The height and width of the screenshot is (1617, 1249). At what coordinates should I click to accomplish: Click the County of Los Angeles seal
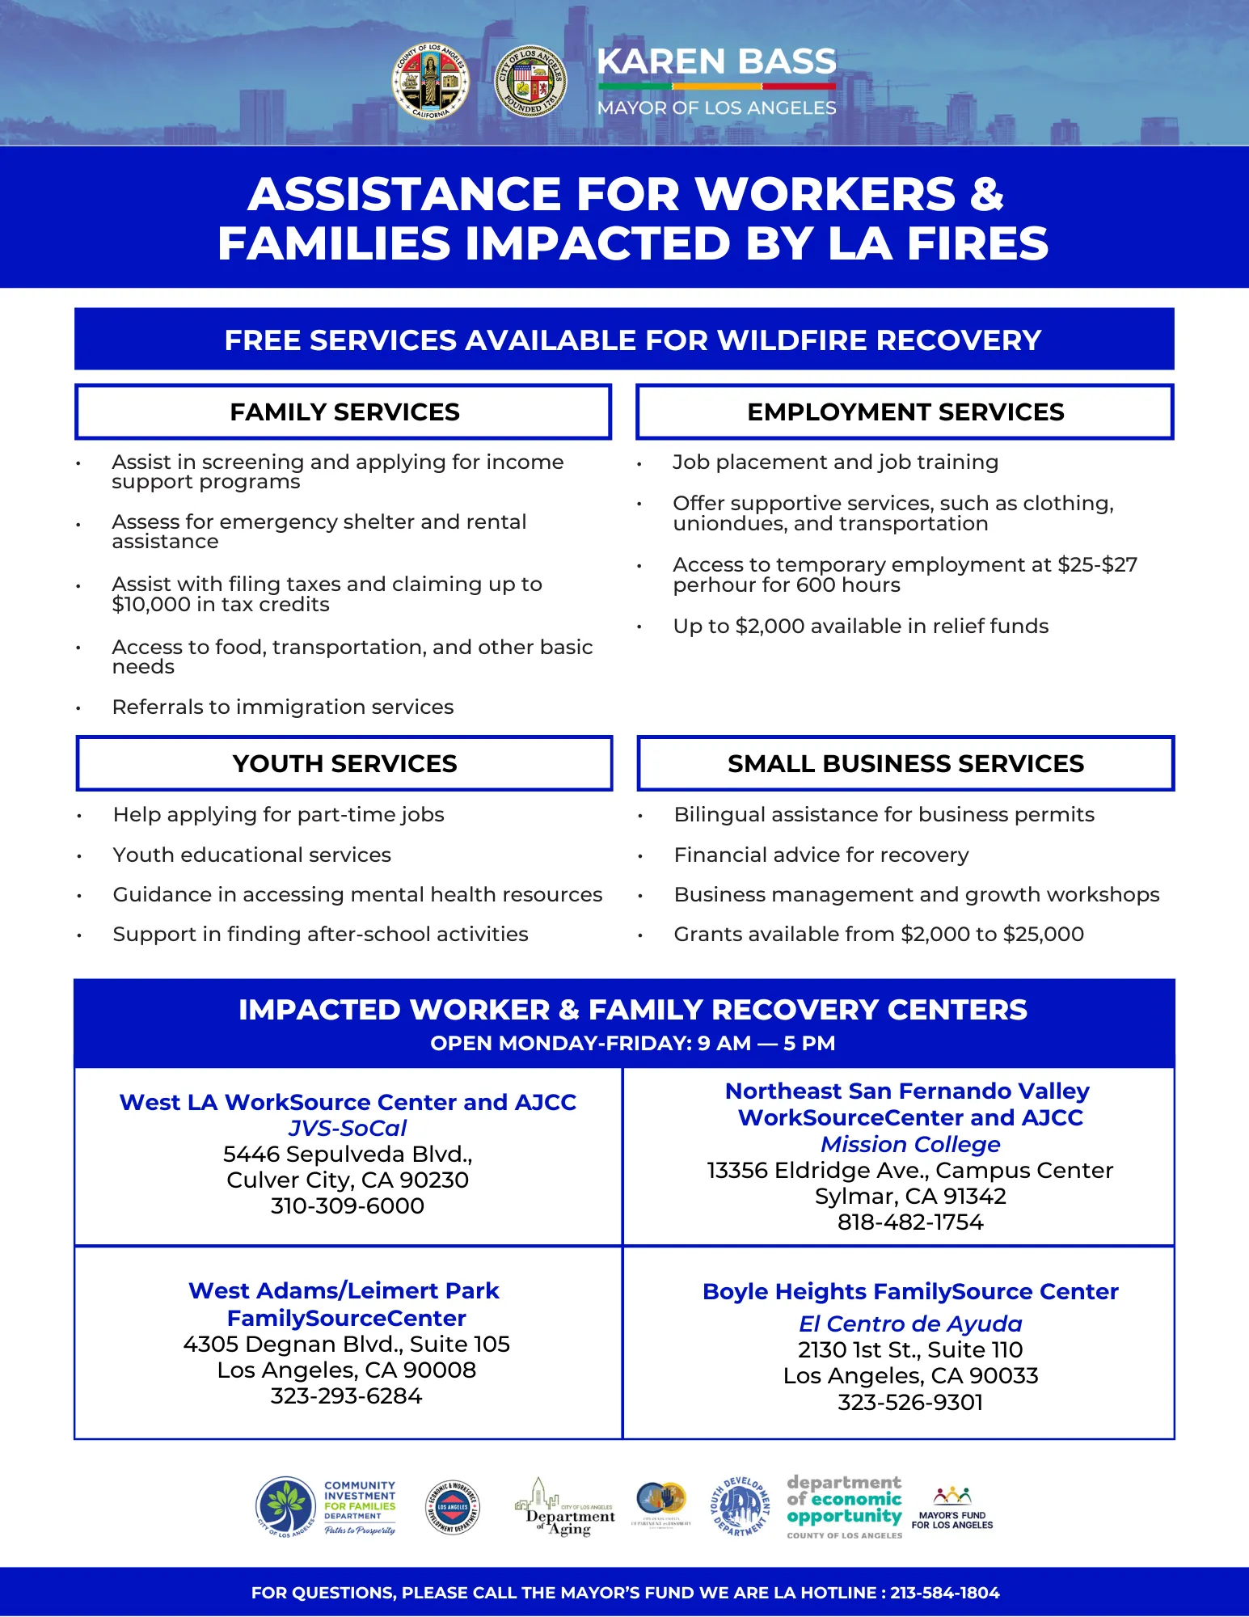(x=430, y=81)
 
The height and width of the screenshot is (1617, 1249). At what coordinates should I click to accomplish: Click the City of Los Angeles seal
(x=530, y=81)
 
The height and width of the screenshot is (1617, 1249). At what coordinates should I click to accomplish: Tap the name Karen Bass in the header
(x=716, y=61)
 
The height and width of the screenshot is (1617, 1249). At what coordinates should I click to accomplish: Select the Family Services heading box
(x=344, y=412)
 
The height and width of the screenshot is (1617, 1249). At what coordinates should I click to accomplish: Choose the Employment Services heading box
(x=905, y=412)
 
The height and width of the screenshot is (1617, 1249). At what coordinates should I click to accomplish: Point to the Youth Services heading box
(x=344, y=763)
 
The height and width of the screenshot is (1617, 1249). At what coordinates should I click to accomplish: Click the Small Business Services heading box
(x=905, y=763)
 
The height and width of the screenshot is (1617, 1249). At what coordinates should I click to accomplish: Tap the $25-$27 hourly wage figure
(x=1097, y=564)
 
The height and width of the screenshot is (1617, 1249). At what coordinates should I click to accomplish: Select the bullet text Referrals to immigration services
(x=283, y=707)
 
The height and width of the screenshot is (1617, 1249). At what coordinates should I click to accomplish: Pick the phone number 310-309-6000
(x=348, y=1205)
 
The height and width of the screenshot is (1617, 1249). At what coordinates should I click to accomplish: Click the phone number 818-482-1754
(x=910, y=1222)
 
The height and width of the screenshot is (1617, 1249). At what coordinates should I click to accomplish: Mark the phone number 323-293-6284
(x=347, y=1395)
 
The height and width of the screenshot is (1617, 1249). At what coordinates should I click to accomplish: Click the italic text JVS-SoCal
(x=348, y=1128)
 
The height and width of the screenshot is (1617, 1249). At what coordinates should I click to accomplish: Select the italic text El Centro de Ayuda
(x=910, y=1324)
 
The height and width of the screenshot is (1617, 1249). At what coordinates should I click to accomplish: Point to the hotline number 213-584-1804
(x=944, y=1593)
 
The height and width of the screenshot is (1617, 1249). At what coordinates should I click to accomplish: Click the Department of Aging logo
(x=565, y=1509)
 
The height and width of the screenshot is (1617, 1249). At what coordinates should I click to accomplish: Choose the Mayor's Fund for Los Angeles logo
(x=952, y=1509)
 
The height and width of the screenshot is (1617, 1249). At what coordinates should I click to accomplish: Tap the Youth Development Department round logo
(x=738, y=1507)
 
